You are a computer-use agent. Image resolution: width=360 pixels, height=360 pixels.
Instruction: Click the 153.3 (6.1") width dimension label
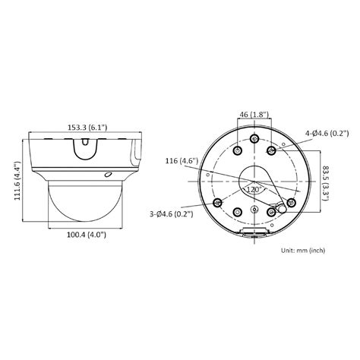(x=85, y=128)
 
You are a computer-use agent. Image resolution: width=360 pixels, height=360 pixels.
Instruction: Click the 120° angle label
(x=252, y=189)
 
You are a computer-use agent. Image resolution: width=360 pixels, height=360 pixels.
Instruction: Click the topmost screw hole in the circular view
(x=253, y=137)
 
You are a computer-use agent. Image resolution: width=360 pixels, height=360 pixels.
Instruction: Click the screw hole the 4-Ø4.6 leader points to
(x=271, y=151)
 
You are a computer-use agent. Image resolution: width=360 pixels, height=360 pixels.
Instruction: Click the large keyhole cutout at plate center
(x=254, y=182)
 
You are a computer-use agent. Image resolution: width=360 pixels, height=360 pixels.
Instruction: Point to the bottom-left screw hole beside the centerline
(x=237, y=213)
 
